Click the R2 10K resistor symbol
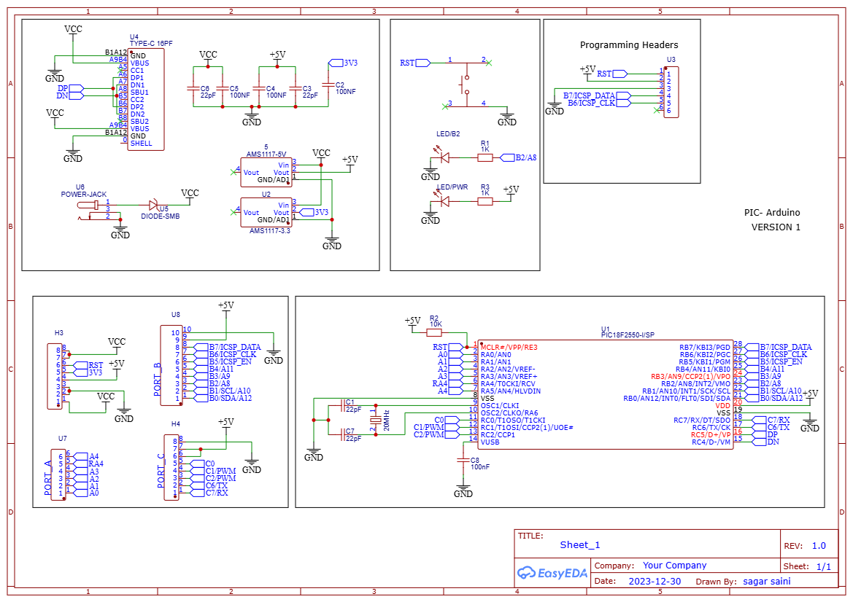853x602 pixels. click(x=436, y=332)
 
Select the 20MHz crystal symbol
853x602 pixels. click(x=376, y=421)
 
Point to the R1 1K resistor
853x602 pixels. click(x=485, y=157)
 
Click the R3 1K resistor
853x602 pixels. click(x=485, y=201)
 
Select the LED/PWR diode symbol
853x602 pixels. click(x=444, y=201)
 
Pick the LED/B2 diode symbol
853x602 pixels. click(x=444, y=157)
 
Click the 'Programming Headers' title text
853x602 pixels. click(x=628, y=45)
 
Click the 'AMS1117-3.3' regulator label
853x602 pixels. click(x=269, y=230)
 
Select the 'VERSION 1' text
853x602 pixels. click(x=776, y=227)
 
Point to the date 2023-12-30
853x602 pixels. click(x=655, y=582)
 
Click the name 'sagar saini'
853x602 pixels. click(x=766, y=582)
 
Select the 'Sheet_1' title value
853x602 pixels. click(x=579, y=545)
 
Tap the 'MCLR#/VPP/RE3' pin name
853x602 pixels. click(x=509, y=348)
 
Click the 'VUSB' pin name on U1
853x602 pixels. click(x=490, y=442)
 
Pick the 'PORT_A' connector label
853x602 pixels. click(x=48, y=478)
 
